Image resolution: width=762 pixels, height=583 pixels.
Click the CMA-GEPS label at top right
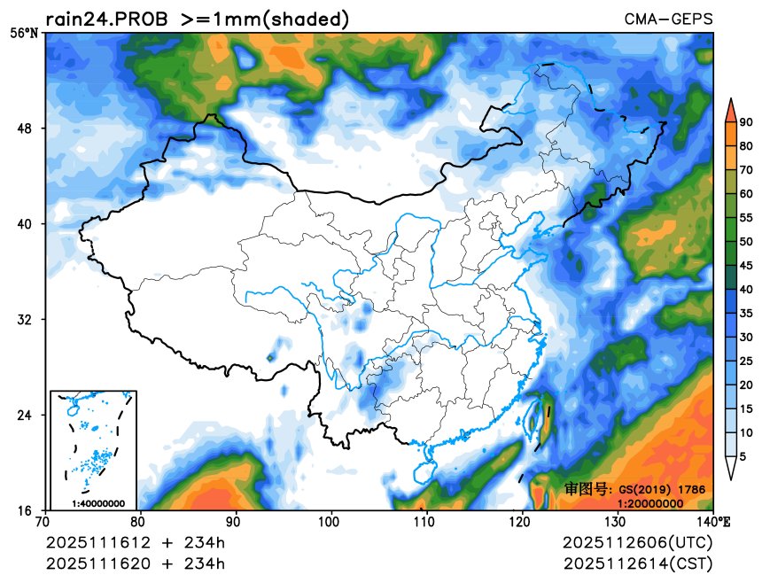668,19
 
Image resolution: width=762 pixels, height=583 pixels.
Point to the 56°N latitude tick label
24,33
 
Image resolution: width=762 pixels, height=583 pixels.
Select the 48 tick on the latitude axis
27,128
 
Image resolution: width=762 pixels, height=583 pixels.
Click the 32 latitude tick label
27,320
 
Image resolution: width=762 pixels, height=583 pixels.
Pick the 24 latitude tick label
27,416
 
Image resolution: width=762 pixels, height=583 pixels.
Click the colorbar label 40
747,290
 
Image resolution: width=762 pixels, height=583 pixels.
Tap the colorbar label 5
743,456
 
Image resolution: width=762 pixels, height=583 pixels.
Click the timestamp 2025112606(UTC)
637,541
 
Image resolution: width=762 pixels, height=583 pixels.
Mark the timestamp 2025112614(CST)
637,563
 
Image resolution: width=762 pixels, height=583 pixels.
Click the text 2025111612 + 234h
135,541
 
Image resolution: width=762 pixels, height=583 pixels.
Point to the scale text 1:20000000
649,503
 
